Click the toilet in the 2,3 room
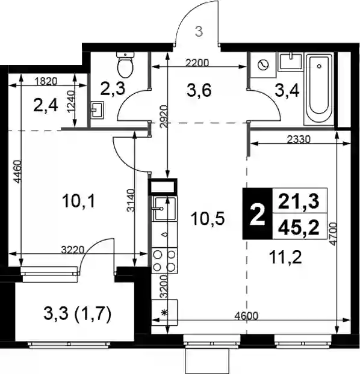tap(125, 65)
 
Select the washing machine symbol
tap(263, 65)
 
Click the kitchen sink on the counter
tap(164, 209)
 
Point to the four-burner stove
tap(164, 260)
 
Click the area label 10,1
tap(79, 201)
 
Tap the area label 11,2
tap(285, 257)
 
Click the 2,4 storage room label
tap(46, 106)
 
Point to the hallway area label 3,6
tap(199, 91)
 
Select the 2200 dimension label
tap(197, 63)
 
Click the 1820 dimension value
tap(46, 81)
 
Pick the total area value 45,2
tap(299, 228)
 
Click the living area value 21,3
tap(299, 201)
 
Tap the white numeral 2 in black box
tap(258, 216)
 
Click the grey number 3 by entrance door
tap(199, 32)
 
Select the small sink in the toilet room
tap(98, 110)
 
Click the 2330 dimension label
tap(299, 139)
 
